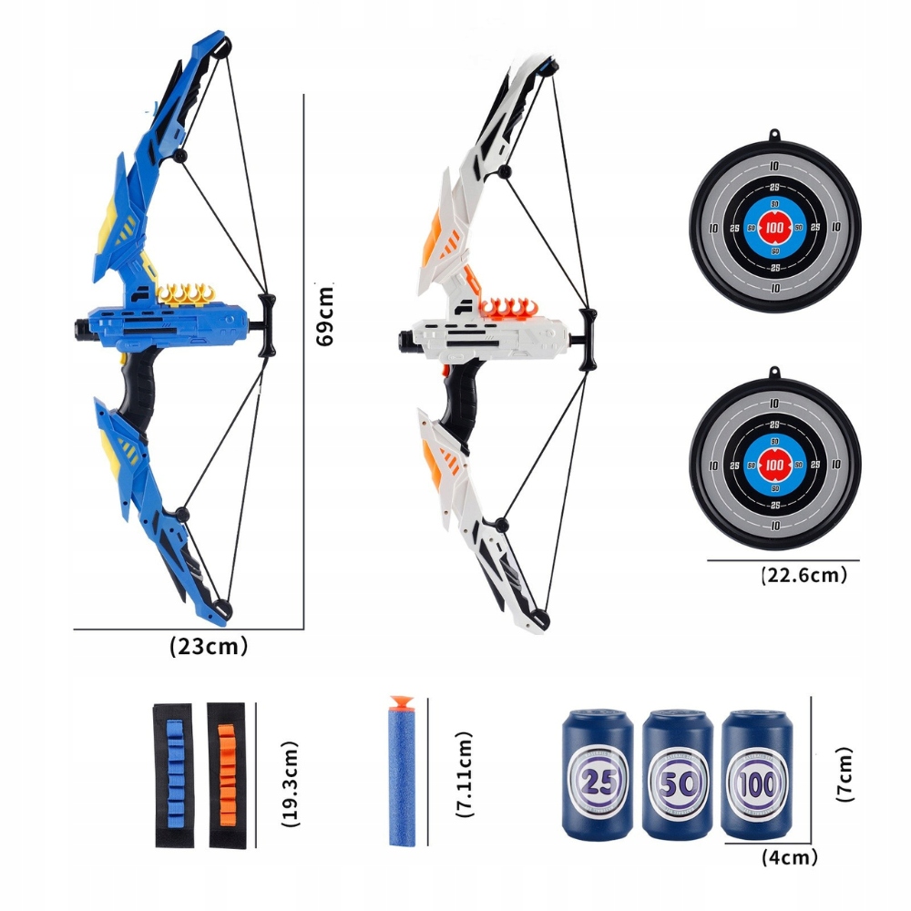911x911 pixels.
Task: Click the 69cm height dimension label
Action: (324, 314)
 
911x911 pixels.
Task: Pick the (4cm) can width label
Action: (789, 856)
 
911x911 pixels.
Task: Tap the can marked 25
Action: (597, 777)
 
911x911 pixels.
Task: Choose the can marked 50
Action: (675, 777)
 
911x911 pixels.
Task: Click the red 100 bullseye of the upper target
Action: (774, 227)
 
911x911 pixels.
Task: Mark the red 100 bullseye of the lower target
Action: (774, 465)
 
